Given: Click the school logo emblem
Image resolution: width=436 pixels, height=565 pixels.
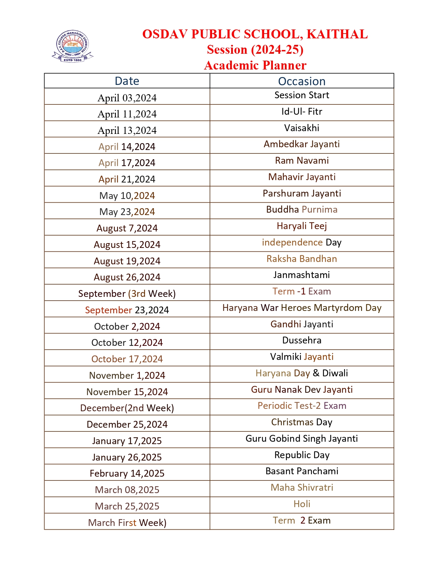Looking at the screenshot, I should pos(72,47).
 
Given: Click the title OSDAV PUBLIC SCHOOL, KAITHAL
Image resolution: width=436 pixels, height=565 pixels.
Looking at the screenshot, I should pos(255,34).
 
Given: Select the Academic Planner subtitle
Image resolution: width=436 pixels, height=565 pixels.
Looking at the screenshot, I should pos(255,65).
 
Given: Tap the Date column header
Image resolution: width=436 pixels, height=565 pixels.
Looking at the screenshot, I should pos(127,81).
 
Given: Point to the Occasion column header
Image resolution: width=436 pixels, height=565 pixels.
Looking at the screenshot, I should pos(302,81).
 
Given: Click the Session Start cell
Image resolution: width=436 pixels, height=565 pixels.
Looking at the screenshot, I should pos(302,95).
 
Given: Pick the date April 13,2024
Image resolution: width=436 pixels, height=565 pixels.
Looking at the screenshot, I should pos(127,130).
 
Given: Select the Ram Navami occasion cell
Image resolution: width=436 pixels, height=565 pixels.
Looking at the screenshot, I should pos(302,161).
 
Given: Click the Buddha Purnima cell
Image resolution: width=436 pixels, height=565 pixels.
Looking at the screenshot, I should pos(302,210).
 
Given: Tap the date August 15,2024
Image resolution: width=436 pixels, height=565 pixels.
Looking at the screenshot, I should pos(127,245).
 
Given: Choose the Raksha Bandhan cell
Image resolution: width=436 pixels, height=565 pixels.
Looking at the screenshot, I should pos(302,259).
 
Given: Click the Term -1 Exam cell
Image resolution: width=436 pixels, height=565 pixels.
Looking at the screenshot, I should pos(302,291).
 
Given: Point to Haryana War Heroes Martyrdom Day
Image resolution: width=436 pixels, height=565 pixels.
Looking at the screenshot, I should pos(302,308).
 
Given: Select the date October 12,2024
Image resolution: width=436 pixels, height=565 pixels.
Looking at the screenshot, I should pos(127,343).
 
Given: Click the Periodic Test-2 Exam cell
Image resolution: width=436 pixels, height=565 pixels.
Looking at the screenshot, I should pos(302,406).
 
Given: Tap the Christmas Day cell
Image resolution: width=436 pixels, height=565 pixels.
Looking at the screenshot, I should pos(302,422).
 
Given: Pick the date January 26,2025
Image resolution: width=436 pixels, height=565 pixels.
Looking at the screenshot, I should pos(127,457).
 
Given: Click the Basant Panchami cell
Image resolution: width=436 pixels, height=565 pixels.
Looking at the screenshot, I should pos(302,471).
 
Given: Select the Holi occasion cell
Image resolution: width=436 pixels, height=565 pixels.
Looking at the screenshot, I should pos(302,504).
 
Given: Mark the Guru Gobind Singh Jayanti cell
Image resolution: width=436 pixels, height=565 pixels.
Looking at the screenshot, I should pos(302,439).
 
